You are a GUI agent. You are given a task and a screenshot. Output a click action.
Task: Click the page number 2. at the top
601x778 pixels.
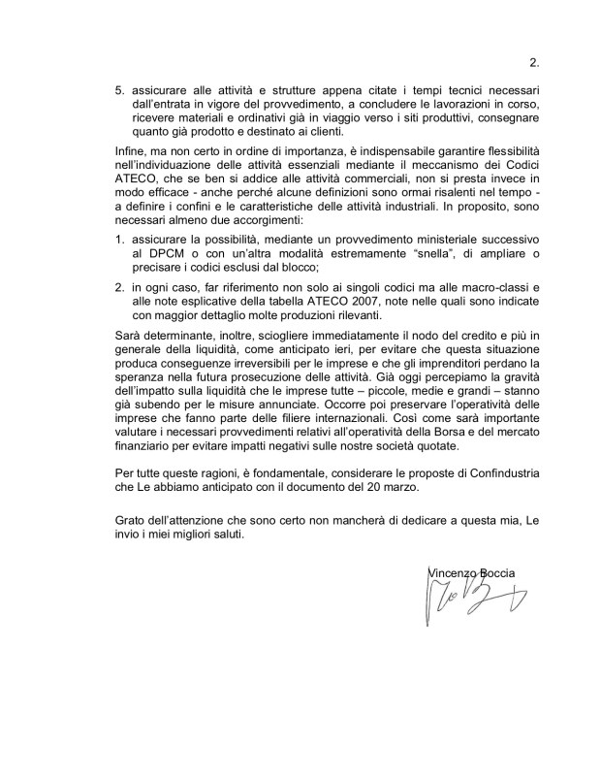click(x=533, y=65)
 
